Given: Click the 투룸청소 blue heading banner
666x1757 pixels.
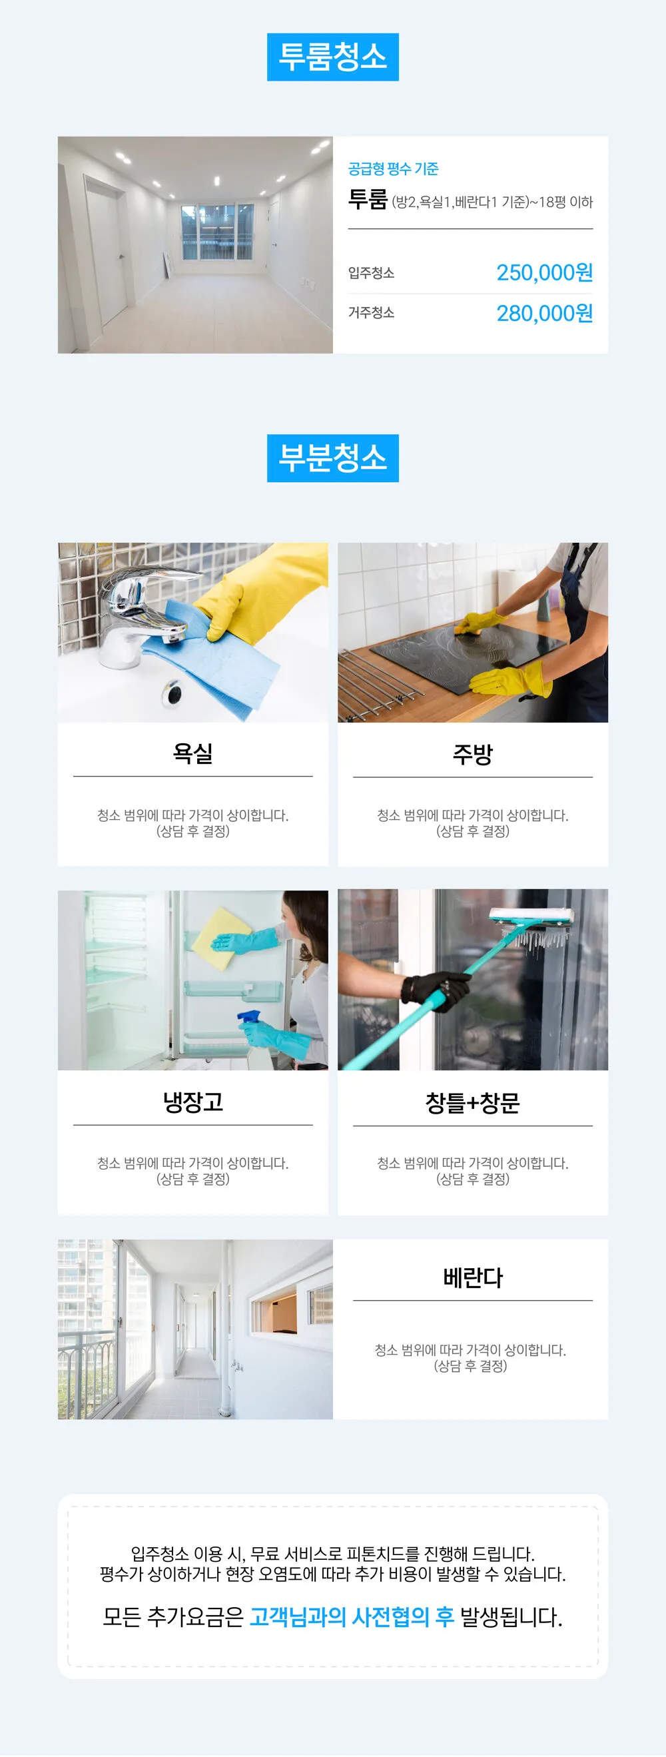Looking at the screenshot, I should [x=332, y=57].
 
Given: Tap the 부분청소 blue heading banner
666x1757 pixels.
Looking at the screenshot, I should [x=332, y=458].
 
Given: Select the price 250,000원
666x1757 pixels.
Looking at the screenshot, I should [x=544, y=273].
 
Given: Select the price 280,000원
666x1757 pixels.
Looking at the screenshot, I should [x=544, y=314].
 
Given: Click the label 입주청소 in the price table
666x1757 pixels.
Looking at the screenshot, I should [x=370, y=273].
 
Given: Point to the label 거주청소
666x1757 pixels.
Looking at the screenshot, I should [x=370, y=312].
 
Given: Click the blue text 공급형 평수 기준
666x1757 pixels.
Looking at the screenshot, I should [x=393, y=169].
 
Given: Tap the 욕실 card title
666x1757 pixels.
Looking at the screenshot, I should [x=192, y=753].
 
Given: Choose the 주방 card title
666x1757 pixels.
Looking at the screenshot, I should [x=472, y=754].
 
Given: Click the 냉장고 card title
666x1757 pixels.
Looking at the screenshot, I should [x=192, y=1102].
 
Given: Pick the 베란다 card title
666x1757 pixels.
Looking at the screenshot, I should [x=472, y=1277].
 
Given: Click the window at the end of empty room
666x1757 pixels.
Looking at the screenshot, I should [x=216, y=232].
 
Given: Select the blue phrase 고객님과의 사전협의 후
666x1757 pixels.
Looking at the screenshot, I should [x=352, y=1616].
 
